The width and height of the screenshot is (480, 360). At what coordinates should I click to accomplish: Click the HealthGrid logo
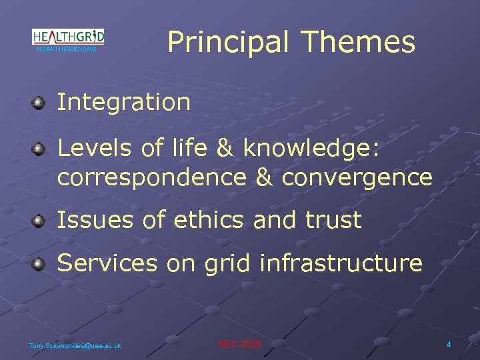pyautogui.click(x=68, y=37)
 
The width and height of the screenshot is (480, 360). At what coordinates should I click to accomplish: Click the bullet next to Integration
pyautogui.click(x=39, y=103)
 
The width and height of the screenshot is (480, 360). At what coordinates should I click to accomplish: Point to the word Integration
pyautogui.click(x=124, y=103)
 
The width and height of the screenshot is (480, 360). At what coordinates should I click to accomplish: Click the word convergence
pyautogui.click(x=357, y=178)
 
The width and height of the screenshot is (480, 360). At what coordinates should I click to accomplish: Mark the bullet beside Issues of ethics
pyautogui.click(x=39, y=220)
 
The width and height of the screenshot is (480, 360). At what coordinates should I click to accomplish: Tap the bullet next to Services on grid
pyautogui.click(x=39, y=264)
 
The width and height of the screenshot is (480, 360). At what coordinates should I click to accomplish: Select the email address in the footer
pyautogui.click(x=75, y=345)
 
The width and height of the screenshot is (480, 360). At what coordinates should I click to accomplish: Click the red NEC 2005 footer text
pyautogui.click(x=240, y=344)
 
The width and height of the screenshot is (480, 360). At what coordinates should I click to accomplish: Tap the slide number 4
pyautogui.click(x=449, y=345)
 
